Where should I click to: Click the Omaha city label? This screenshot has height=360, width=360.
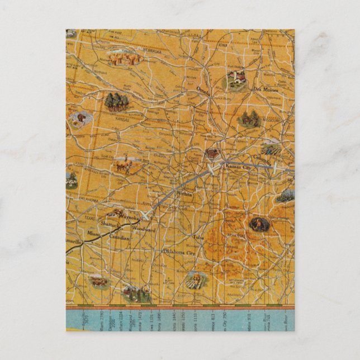[204, 89]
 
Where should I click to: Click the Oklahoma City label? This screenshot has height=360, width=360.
[177, 252]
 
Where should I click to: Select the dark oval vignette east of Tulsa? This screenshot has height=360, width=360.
[259, 224]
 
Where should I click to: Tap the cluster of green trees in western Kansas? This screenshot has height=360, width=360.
[117, 102]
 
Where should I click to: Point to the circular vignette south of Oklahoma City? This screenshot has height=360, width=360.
[196, 278]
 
